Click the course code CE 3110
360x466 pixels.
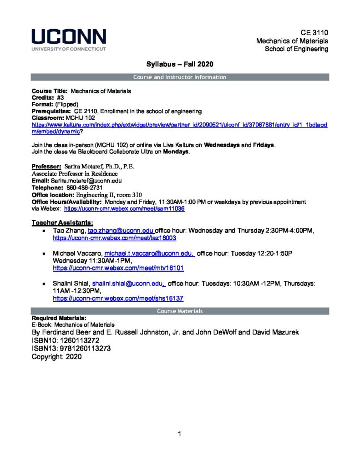(x=314, y=32)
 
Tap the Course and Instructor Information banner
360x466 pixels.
(x=180, y=77)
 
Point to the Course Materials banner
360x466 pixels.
(x=180, y=311)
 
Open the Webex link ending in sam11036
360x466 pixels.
(x=124, y=209)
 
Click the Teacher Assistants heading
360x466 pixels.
(x=62, y=223)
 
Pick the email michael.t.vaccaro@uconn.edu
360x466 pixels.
(x=150, y=253)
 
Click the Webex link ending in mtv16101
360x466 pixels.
(x=118, y=268)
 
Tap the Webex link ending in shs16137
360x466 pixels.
(x=118, y=299)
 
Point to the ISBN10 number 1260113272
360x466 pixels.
(x=81, y=340)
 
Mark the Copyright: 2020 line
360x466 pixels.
(x=56, y=357)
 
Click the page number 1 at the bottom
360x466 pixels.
(x=180, y=434)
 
